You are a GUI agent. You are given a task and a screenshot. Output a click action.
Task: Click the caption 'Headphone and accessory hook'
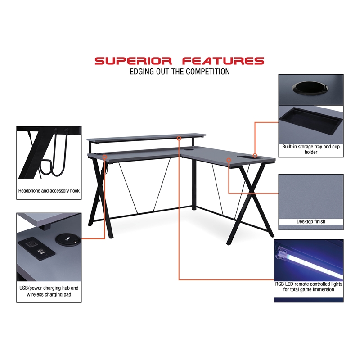49,191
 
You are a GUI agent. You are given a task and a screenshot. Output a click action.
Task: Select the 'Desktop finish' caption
310,221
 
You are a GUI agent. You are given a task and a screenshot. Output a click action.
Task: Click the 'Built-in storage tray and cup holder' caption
310,149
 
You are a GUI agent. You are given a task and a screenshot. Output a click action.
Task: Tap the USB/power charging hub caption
49,291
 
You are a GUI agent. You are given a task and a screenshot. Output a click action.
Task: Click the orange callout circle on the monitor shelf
179,138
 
